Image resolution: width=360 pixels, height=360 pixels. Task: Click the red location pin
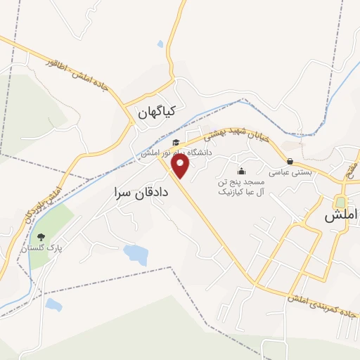tap(181, 166)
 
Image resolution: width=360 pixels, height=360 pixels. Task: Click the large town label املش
tap(342, 217)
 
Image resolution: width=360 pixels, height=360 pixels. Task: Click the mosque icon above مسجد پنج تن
tap(242, 170)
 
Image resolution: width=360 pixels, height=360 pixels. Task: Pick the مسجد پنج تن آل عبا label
tap(241, 186)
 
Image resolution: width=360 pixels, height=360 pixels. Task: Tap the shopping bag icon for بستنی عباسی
tap(290, 161)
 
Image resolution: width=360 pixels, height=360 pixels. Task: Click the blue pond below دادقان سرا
tap(136, 255)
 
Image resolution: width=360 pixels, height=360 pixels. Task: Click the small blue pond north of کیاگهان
tap(160, 44)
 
